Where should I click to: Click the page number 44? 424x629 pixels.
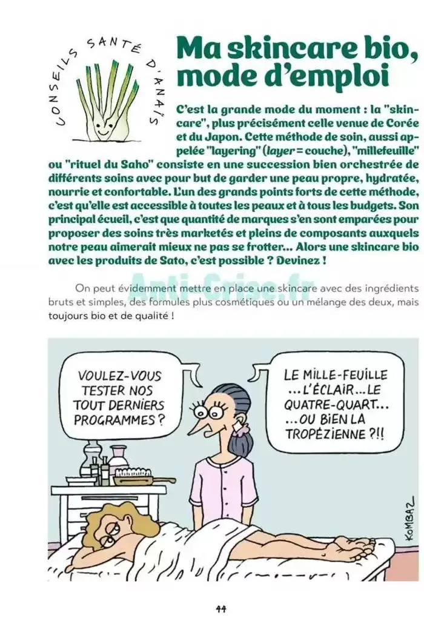(x=220, y=608)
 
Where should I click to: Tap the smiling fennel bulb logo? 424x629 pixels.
(x=105, y=100)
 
